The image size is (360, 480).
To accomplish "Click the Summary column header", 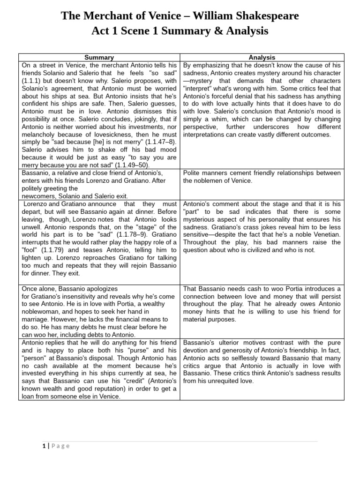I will pyautogui.click(x=99, y=58).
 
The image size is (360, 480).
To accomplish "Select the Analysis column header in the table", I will pyautogui.click(x=262, y=58).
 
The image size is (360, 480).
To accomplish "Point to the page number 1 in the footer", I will pyautogui.click(x=44, y=446).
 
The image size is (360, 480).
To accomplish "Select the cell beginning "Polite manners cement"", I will pyautogui.click(x=262, y=177).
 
